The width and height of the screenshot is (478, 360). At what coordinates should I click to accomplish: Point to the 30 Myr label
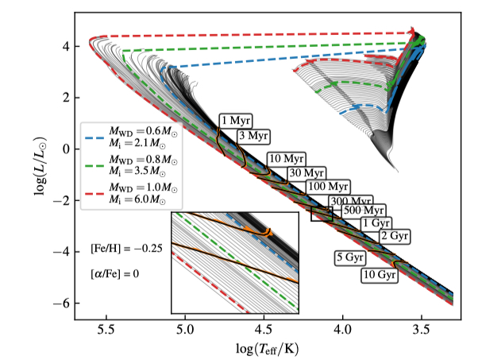306,172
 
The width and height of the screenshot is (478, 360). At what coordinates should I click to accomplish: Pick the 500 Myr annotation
365,211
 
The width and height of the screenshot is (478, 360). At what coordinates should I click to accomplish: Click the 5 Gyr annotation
349,258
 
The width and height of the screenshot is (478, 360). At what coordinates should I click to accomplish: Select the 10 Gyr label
379,275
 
